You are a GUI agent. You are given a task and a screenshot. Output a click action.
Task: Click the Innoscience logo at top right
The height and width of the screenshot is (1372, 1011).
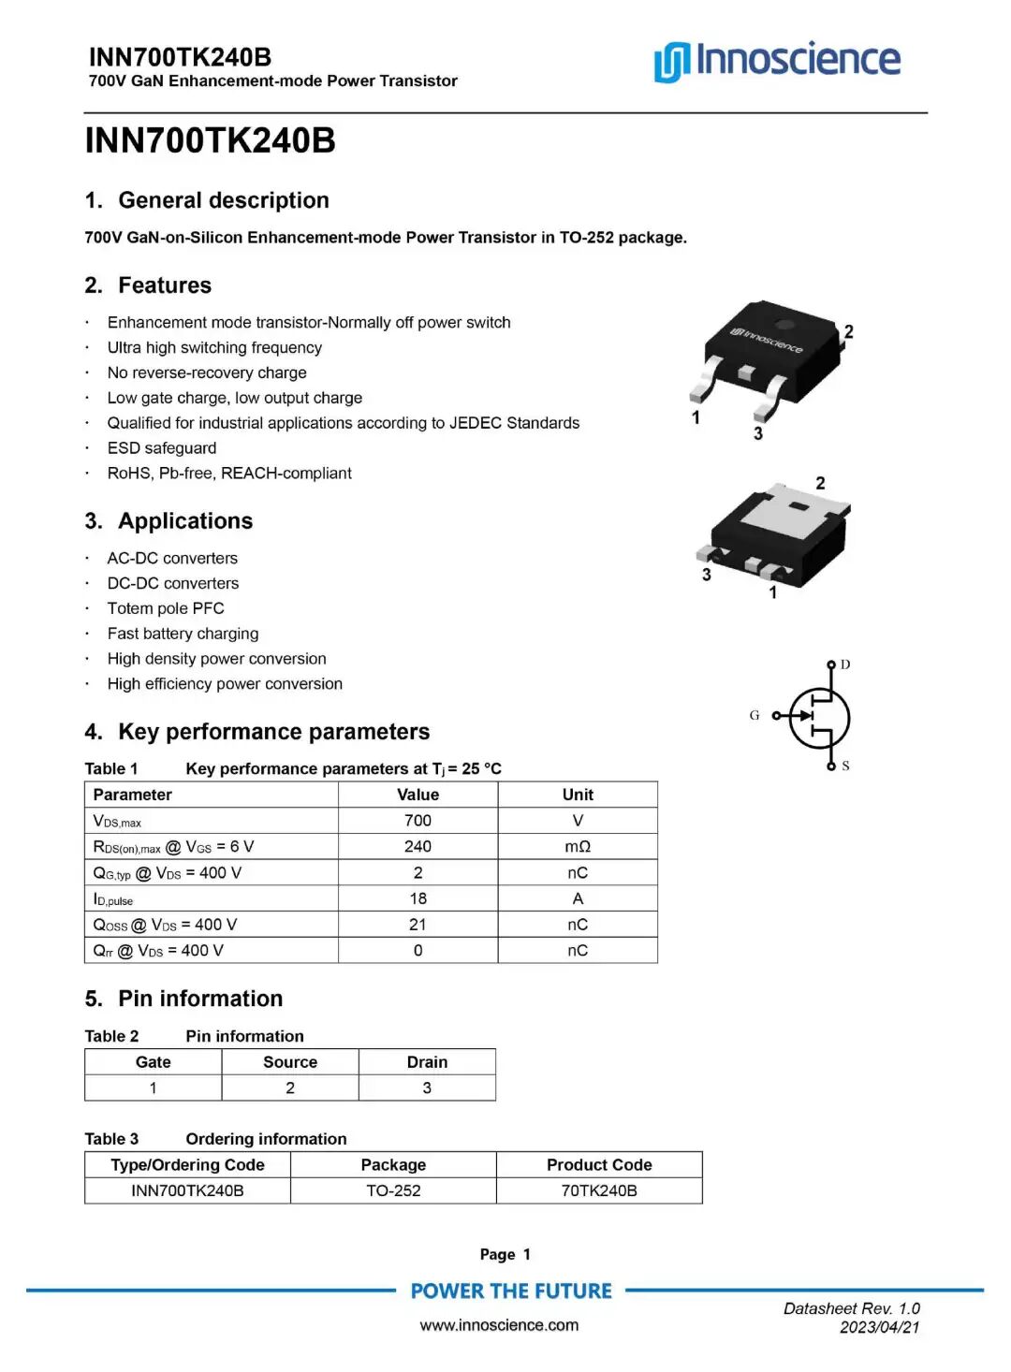pyautogui.click(x=777, y=60)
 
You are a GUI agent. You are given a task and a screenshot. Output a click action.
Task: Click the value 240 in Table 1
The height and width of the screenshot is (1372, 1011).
pyautogui.click(x=418, y=847)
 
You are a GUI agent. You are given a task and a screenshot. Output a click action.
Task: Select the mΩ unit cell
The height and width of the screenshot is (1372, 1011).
pyautogui.click(x=578, y=847)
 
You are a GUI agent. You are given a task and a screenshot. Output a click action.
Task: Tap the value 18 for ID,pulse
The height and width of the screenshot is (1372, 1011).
pyautogui.click(x=418, y=898)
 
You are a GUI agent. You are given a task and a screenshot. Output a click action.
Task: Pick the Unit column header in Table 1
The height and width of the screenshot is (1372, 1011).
pyautogui.click(x=578, y=795)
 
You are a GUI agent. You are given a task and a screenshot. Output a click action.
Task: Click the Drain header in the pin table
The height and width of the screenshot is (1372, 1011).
pyautogui.click(x=427, y=1062)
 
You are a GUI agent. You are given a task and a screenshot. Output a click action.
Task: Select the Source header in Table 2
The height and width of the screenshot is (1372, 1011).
pyautogui.click(x=290, y=1062)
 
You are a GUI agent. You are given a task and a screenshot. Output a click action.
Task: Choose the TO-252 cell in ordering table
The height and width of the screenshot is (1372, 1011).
pyautogui.click(x=393, y=1190)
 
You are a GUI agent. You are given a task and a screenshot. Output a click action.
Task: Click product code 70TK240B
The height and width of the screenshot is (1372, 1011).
pyautogui.click(x=599, y=1190)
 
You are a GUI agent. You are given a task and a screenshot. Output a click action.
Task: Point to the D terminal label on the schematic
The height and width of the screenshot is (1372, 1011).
pyautogui.click(x=845, y=664)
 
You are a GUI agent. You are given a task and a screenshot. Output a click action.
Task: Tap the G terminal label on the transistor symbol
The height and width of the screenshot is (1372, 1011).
pyautogui.click(x=755, y=715)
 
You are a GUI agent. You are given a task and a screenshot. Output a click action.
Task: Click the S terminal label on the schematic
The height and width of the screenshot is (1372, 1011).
pyautogui.click(x=845, y=766)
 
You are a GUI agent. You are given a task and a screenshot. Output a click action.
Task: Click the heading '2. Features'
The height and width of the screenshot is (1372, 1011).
pyautogui.click(x=148, y=285)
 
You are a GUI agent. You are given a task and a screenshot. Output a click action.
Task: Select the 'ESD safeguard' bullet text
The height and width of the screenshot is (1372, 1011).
pyautogui.click(x=162, y=448)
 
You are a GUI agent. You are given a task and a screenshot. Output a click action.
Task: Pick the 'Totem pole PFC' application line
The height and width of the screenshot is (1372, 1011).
pyautogui.click(x=166, y=608)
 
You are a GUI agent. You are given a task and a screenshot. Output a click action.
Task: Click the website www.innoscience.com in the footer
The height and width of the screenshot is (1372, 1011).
pyautogui.click(x=499, y=1325)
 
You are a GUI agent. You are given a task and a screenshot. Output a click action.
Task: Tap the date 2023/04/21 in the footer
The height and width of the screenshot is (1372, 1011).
pyautogui.click(x=879, y=1327)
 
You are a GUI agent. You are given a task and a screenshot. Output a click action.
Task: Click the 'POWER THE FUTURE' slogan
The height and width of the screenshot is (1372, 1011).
pyautogui.click(x=511, y=1292)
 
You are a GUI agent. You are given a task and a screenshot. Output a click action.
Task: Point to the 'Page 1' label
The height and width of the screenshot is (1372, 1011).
pyautogui.click(x=505, y=1255)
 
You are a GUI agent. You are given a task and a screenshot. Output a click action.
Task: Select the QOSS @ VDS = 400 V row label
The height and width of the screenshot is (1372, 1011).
pyautogui.click(x=165, y=925)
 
